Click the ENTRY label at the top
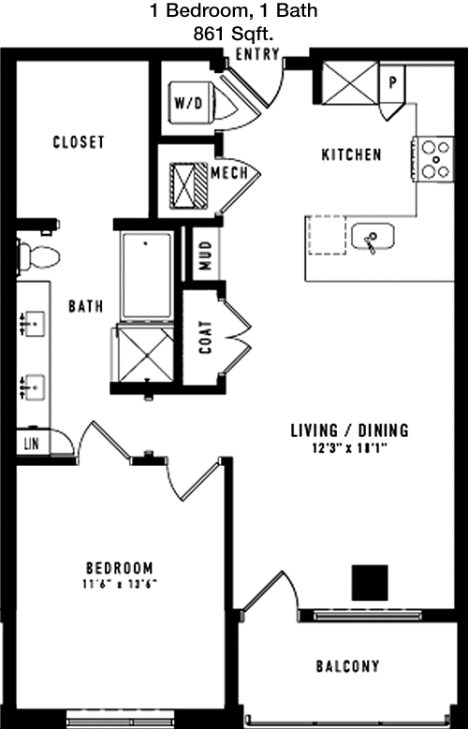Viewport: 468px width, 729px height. [257, 54]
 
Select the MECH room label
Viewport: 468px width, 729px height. [229, 173]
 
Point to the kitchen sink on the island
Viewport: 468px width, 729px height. [373, 237]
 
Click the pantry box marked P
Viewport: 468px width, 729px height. [392, 83]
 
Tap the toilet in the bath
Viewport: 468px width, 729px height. [39, 256]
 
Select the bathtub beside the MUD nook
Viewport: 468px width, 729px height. [147, 275]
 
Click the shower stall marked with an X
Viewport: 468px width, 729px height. [146, 355]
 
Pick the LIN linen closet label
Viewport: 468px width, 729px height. [31, 444]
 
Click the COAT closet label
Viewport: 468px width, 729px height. [205, 337]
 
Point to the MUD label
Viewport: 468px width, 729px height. [205, 255]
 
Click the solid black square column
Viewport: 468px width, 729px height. [370, 583]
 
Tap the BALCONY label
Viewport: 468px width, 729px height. [348, 665]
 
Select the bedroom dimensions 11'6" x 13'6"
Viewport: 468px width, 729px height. [120, 584]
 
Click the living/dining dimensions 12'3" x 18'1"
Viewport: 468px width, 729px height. [350, 448]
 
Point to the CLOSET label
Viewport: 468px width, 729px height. [79, 142]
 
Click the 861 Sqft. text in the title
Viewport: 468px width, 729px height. [233, 34]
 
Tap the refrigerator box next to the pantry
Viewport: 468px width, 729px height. [350, 83]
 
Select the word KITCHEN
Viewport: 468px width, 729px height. [352, 154]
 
